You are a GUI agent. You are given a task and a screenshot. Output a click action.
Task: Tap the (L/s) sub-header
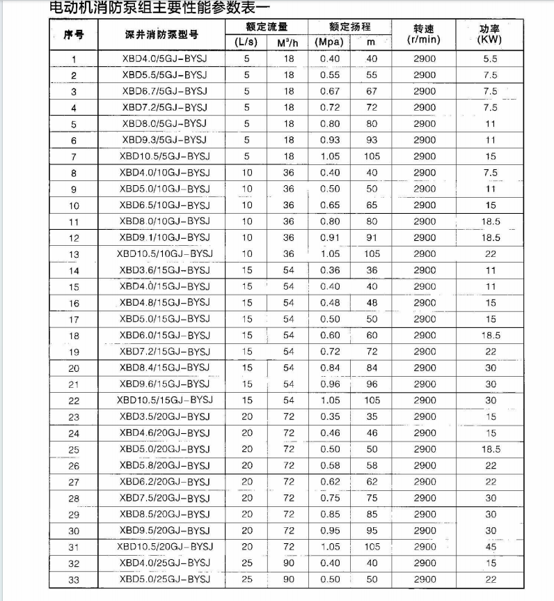point(246,41)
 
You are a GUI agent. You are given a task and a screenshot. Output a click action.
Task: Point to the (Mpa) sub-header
point(329,41)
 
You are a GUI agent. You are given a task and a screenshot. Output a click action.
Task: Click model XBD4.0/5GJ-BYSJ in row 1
point(164,58)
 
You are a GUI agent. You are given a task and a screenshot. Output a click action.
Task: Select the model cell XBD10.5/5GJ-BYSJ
point(164,156)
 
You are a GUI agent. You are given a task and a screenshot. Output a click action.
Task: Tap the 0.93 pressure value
point(330,140)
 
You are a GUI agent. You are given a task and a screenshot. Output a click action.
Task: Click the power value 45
point(490,547)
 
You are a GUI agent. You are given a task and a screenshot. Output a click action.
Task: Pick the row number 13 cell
point(74,254)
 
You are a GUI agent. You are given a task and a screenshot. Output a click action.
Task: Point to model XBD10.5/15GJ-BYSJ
point(164,400)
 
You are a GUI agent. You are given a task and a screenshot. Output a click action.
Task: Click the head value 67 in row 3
point(371,91)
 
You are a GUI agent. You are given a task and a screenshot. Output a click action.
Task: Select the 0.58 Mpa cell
point(330,465)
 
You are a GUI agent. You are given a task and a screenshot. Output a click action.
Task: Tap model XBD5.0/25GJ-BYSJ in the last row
point(164,579)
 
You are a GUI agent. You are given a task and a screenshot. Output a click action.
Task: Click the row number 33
point(74,579)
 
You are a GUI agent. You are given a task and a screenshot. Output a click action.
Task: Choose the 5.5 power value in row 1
point(490,58)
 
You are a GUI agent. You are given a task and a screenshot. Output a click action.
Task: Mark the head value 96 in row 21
point(371,384)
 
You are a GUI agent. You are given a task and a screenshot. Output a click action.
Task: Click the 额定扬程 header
point(350,26)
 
